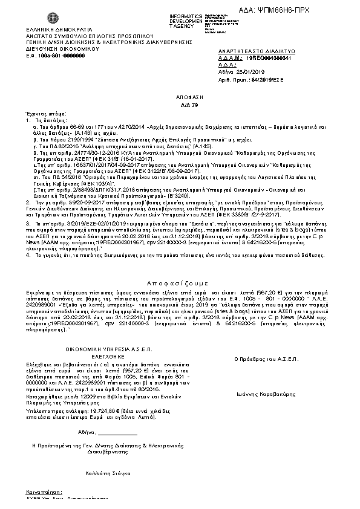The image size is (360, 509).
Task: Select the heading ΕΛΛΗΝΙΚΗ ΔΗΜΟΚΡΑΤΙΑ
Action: point(57,28)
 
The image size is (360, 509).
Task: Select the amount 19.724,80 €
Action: point(94,409)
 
